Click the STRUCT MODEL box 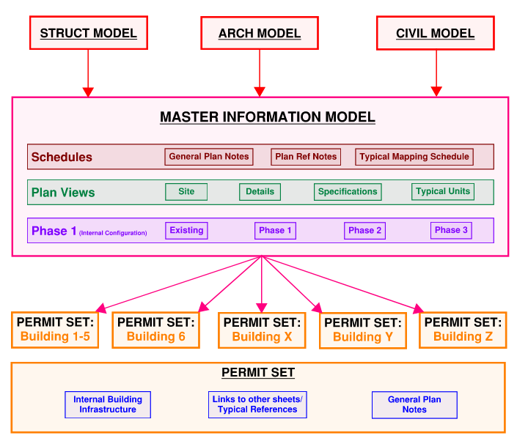coord(88,34)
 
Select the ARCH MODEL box coord(259,34)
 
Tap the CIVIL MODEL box coord(435,34)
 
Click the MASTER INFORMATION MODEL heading coord(268,117)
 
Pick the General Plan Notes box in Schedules coord(209,157)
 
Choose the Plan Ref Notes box coord(306,157)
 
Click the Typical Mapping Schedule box coord(414,157)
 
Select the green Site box coord(186,192)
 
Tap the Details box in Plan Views coord(260,192)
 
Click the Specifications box coord(348,192)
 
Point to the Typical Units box coord(443,192)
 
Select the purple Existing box coord(186,231)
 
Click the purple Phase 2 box coord(364,231)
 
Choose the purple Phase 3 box coord(451,231)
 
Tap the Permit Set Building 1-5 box coord(56,330)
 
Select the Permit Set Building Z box coord(463,330)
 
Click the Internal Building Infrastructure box coord(108,405)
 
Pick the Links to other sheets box coord(257,405)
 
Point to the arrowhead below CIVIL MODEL coord(436,92)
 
